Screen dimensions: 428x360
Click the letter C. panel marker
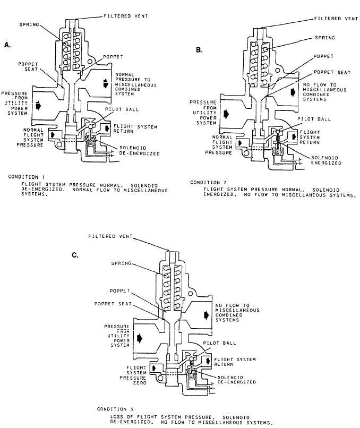click(75, 255)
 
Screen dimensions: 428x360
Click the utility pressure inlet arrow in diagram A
click(38, 106)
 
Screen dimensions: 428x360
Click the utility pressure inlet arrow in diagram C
click(141, 337)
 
